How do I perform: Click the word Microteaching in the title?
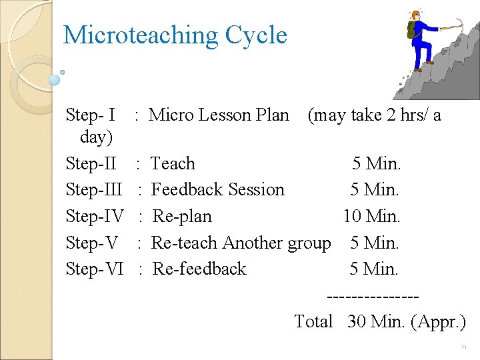pos(140,35)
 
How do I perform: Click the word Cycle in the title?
pos(257,35)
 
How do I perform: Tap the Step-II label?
pos(91,163)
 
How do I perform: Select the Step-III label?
pos(95,190)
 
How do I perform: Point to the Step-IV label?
pos(95,217)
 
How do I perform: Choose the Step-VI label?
pos(95,269)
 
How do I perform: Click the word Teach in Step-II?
pos(173,163)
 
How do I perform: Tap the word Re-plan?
pos(182,217)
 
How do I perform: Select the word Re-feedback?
pos(199,269)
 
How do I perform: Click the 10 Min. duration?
pos(371,217)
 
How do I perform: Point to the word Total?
pos(313,321)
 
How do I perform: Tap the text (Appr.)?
pos(439,321)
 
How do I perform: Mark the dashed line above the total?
pos(373,295)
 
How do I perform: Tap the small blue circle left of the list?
pos(55,80)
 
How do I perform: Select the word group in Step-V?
pos(309,243)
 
